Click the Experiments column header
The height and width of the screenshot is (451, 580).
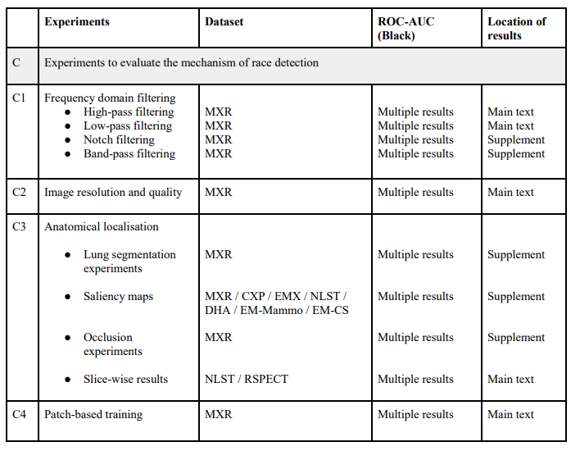(76, 22)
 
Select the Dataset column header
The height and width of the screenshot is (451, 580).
(224, 22)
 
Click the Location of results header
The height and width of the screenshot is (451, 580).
(516, 29)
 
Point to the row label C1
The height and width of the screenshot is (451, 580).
(19, 98)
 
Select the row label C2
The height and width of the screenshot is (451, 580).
(19, 192)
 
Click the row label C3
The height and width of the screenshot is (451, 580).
(19, 226)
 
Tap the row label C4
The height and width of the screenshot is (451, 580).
(19, 414)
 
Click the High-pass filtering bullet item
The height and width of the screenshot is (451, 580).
(129, 112)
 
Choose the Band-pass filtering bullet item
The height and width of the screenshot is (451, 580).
(129, 153)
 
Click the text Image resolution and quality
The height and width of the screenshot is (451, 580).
(113, 192)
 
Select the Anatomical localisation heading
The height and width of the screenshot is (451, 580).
(102, 226)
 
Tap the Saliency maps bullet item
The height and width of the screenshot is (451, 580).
(118, 296)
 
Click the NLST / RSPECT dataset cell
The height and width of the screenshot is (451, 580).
(246, 379)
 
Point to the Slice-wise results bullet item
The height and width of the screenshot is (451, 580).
(125, 379)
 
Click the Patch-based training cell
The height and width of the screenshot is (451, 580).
(93, 414)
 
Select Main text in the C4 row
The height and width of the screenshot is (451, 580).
(510, 414)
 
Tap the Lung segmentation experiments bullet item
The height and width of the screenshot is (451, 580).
(129, 262)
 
